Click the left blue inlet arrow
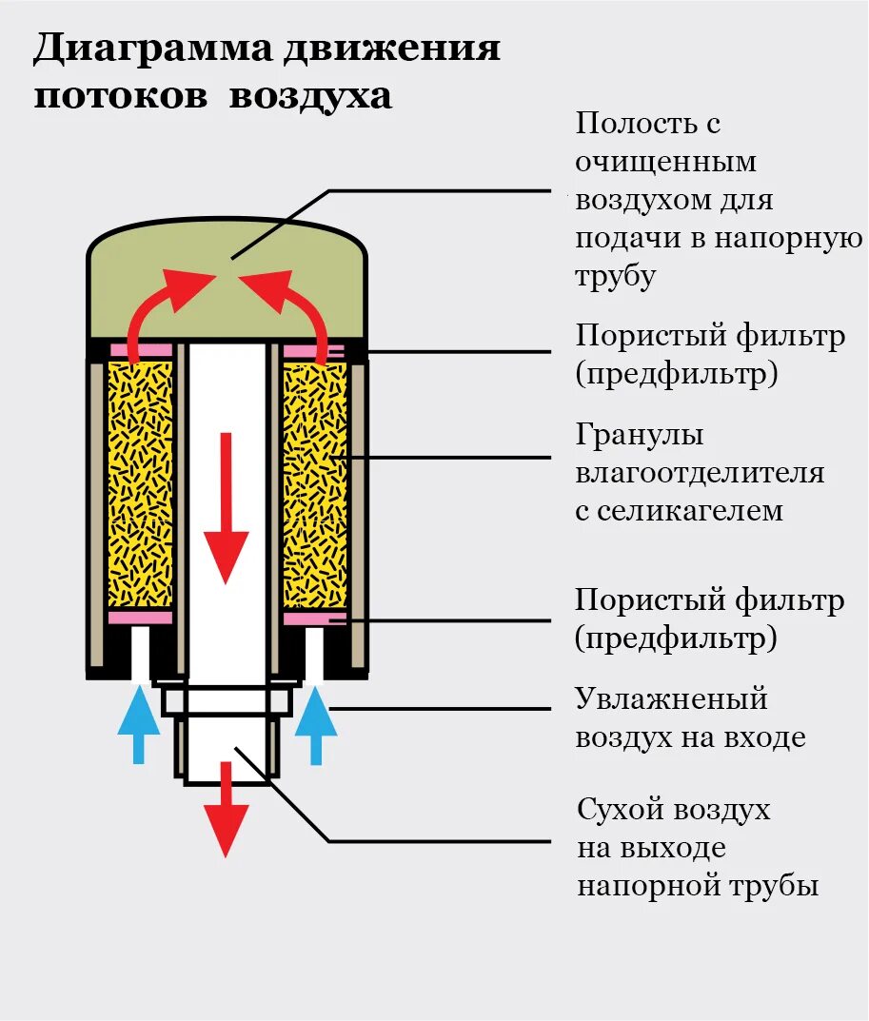[x=138, y=724]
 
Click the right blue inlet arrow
[x=316, y=724]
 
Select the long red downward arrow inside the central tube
[x=226, y=508]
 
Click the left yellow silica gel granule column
[x=140, y=485]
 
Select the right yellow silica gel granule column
[x=314, y=485]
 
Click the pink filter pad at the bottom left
[x=141, y=618]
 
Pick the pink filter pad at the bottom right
[x=315, y=618]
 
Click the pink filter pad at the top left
[x=141, y=350]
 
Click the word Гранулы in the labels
[x=640, y=436]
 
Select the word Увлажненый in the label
[x=671, y=699]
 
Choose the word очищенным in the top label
[x=665, y=162]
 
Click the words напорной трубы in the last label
[x=698, y=887]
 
